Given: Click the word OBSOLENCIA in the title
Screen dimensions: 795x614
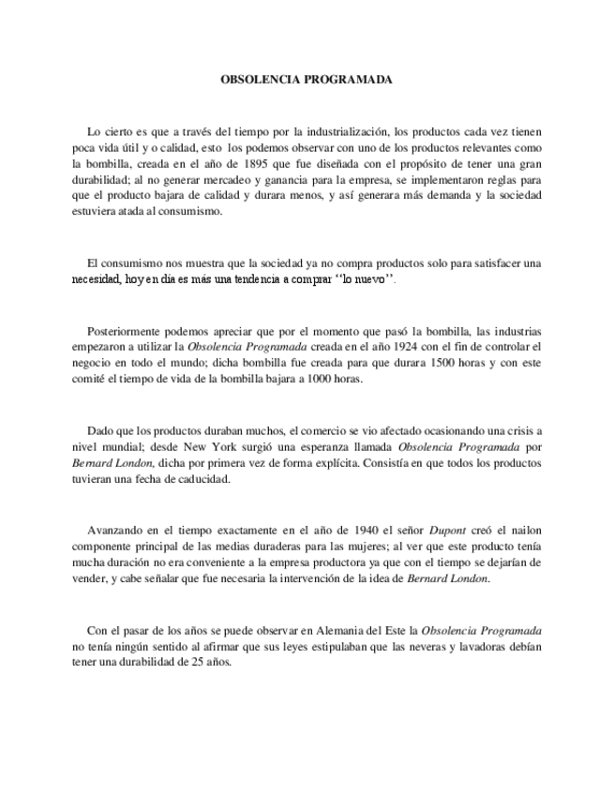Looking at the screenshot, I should (x=260, y=81).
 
